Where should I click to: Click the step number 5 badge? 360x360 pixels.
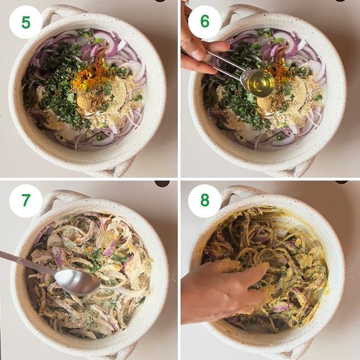pyautogui.click(x=26, y=22)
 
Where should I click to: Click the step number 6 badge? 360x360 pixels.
pyautogui.click(x=205, y=22)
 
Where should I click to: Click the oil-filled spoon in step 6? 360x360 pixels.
pyautogui.click(x=260, y=83)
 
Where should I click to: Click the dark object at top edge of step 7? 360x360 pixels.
pyautogui.click(x=162, y=184)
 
